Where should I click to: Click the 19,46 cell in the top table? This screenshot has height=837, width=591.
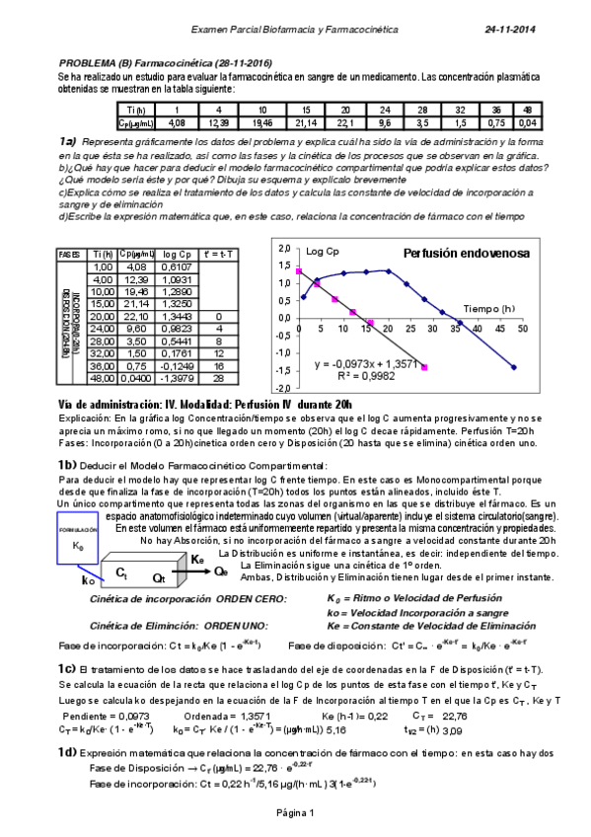coord(261,122)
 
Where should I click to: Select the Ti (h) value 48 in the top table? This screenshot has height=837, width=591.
coord(528,110)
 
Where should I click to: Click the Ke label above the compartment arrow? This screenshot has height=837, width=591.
coord(197,558)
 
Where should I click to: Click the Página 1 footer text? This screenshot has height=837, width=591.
coord(295,812)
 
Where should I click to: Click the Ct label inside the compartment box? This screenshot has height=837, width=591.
coord(122,572)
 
